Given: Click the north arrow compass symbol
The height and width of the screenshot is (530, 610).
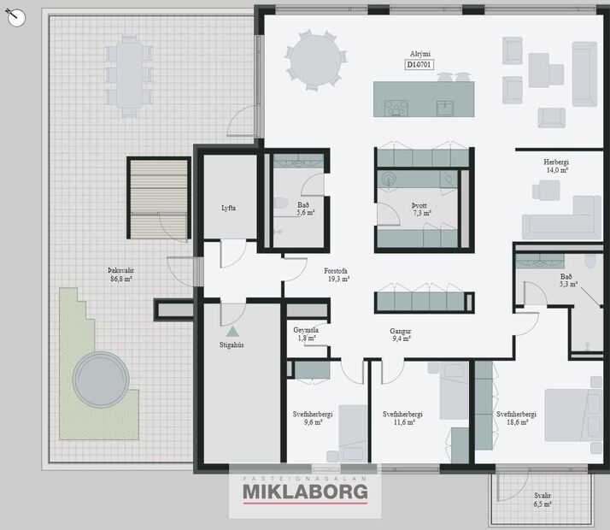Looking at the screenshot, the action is pos(16,17).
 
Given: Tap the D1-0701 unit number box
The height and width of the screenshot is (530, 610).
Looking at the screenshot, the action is pos(419,65).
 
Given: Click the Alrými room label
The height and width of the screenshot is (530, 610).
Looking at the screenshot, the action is pos(419,54).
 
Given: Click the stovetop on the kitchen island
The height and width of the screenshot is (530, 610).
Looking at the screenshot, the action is pos(396,108).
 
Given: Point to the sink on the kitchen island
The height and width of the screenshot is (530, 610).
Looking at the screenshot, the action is pos(444,109).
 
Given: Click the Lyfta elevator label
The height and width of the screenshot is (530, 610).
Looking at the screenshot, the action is pos(228,208).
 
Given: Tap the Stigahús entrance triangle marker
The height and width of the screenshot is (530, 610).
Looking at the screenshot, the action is pos(232,331).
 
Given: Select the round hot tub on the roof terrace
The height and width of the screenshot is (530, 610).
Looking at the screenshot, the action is pos(101,380).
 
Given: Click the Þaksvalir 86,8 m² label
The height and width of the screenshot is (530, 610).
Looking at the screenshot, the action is pos(121,274).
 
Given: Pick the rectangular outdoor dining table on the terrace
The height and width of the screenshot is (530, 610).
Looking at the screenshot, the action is pos(129,75).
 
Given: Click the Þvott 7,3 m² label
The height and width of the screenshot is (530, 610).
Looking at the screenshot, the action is pos(421,209).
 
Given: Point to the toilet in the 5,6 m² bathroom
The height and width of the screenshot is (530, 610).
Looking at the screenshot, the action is pos(279,203).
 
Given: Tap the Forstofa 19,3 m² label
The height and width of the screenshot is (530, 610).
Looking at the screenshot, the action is pos(337,274).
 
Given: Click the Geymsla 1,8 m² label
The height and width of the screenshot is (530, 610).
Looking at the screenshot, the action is pos(306,334).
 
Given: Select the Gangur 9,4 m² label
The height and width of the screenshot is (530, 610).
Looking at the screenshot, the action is pos(401,334).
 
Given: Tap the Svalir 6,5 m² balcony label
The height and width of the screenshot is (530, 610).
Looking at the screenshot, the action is pos(543,499).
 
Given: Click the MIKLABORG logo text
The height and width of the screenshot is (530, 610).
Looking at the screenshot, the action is pos(305,492).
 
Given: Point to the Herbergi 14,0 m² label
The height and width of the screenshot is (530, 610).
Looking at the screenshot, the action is pos(556,166).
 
